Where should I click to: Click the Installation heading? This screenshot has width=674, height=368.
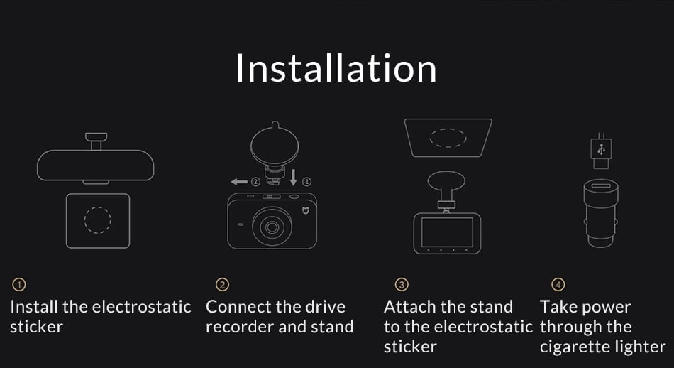pos(336,68)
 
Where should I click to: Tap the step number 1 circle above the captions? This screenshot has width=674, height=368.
pos(19,284)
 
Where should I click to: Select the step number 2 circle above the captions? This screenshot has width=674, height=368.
pos(222,284)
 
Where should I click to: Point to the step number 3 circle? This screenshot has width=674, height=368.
pos(402,284)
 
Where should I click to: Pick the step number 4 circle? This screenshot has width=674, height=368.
pos(558,284)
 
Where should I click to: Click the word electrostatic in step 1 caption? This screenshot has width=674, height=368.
pos(142,307)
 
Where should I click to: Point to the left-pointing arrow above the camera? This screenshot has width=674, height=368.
pos(239,182)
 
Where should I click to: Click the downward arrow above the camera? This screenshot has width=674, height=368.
pos(293,178)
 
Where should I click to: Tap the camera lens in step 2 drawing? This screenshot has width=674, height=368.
pos(272,227)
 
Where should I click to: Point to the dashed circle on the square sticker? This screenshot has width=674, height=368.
pos(98,220)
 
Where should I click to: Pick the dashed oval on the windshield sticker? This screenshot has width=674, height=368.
pos(448,138)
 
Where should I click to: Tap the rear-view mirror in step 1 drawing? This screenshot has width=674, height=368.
pos(96,165)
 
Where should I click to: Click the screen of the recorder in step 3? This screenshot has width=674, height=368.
pos(447,232)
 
